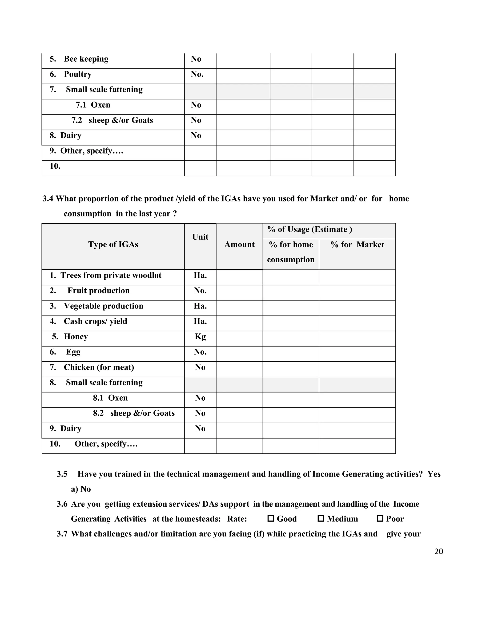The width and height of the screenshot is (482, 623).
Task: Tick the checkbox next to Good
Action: [x=270, y=519]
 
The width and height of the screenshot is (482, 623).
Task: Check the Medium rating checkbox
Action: [x=321, y=519]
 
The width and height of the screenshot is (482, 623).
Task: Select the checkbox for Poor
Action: [x=380, y=519]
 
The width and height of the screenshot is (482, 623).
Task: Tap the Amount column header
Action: [x=239, y=244]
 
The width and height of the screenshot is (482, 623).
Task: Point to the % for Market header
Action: [x=357, y=244]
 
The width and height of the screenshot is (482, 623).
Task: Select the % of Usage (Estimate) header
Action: [x=309, y=229]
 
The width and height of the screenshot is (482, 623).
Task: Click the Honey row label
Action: [x=76, y=337]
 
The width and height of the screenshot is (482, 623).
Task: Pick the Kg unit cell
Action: [x=200, y=337]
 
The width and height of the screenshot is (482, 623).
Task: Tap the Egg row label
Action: [x=73, y=352]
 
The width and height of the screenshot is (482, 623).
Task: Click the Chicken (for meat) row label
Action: [x=99, y=367]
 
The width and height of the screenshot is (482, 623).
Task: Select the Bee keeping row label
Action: [x=86, y=59]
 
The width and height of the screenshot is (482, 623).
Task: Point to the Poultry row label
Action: [x=78, y=74]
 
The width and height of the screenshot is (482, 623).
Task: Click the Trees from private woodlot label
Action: [x=111, y=275]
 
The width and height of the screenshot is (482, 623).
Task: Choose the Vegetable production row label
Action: [x=103, y=306]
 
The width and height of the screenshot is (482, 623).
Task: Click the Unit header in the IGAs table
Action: [x=200, y=237]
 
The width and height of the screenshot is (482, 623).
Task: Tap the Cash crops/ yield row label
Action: [x=95, y=321]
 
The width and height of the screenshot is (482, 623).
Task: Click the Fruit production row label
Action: [x=99, y=291]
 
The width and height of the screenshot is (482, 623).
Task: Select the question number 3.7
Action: [x=62, y=534]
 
